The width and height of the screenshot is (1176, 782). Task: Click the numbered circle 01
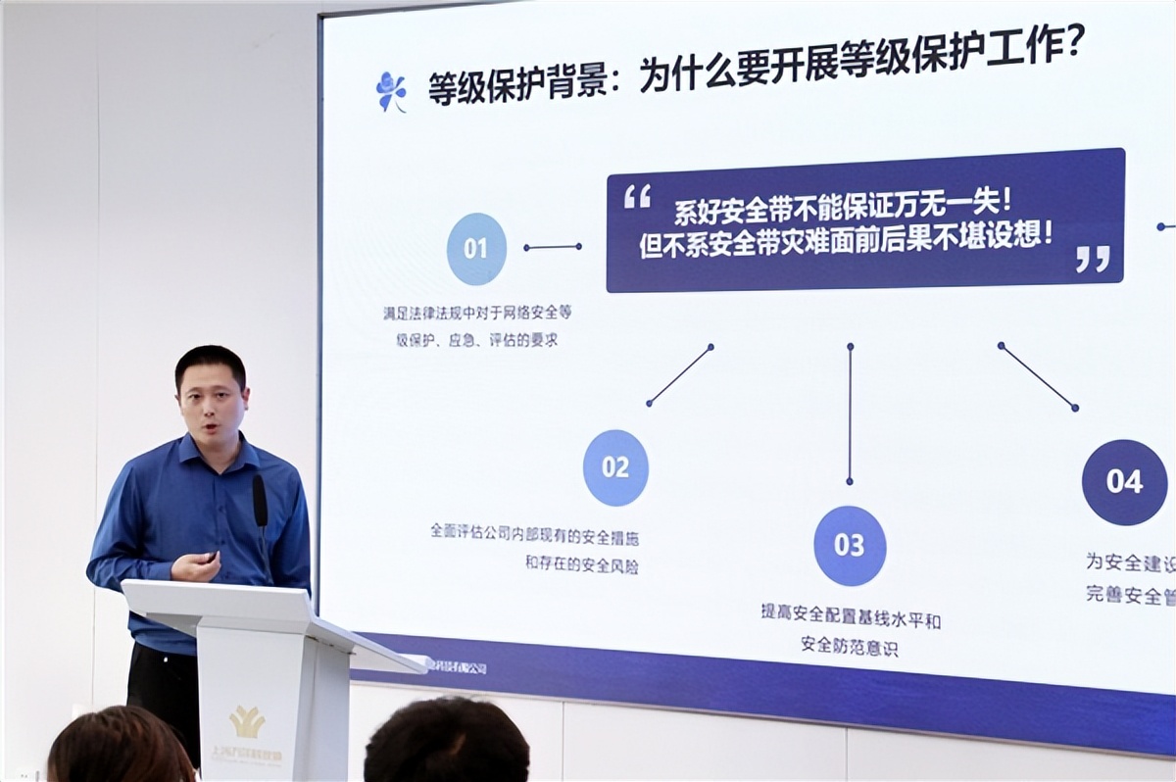(x=476, y=249)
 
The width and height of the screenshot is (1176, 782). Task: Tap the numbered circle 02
(x=615, y=467)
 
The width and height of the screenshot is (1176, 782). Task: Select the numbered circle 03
(x=850, y=546)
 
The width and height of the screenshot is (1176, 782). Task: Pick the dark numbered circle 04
(x=1124, y=482)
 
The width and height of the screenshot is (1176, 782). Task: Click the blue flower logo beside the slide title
(x=391, y=91)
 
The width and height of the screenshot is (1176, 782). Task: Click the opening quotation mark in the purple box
(x=637, y=197)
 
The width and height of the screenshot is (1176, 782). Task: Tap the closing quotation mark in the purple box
(x=1092, y=259)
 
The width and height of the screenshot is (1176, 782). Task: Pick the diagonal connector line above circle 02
(x=679, y=374)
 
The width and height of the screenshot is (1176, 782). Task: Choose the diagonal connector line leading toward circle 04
(x=1038, y=375)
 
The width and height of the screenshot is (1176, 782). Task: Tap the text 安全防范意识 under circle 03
(x=849, y=646)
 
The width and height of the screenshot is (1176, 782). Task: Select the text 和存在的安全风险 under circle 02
(x=581, y=565)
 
